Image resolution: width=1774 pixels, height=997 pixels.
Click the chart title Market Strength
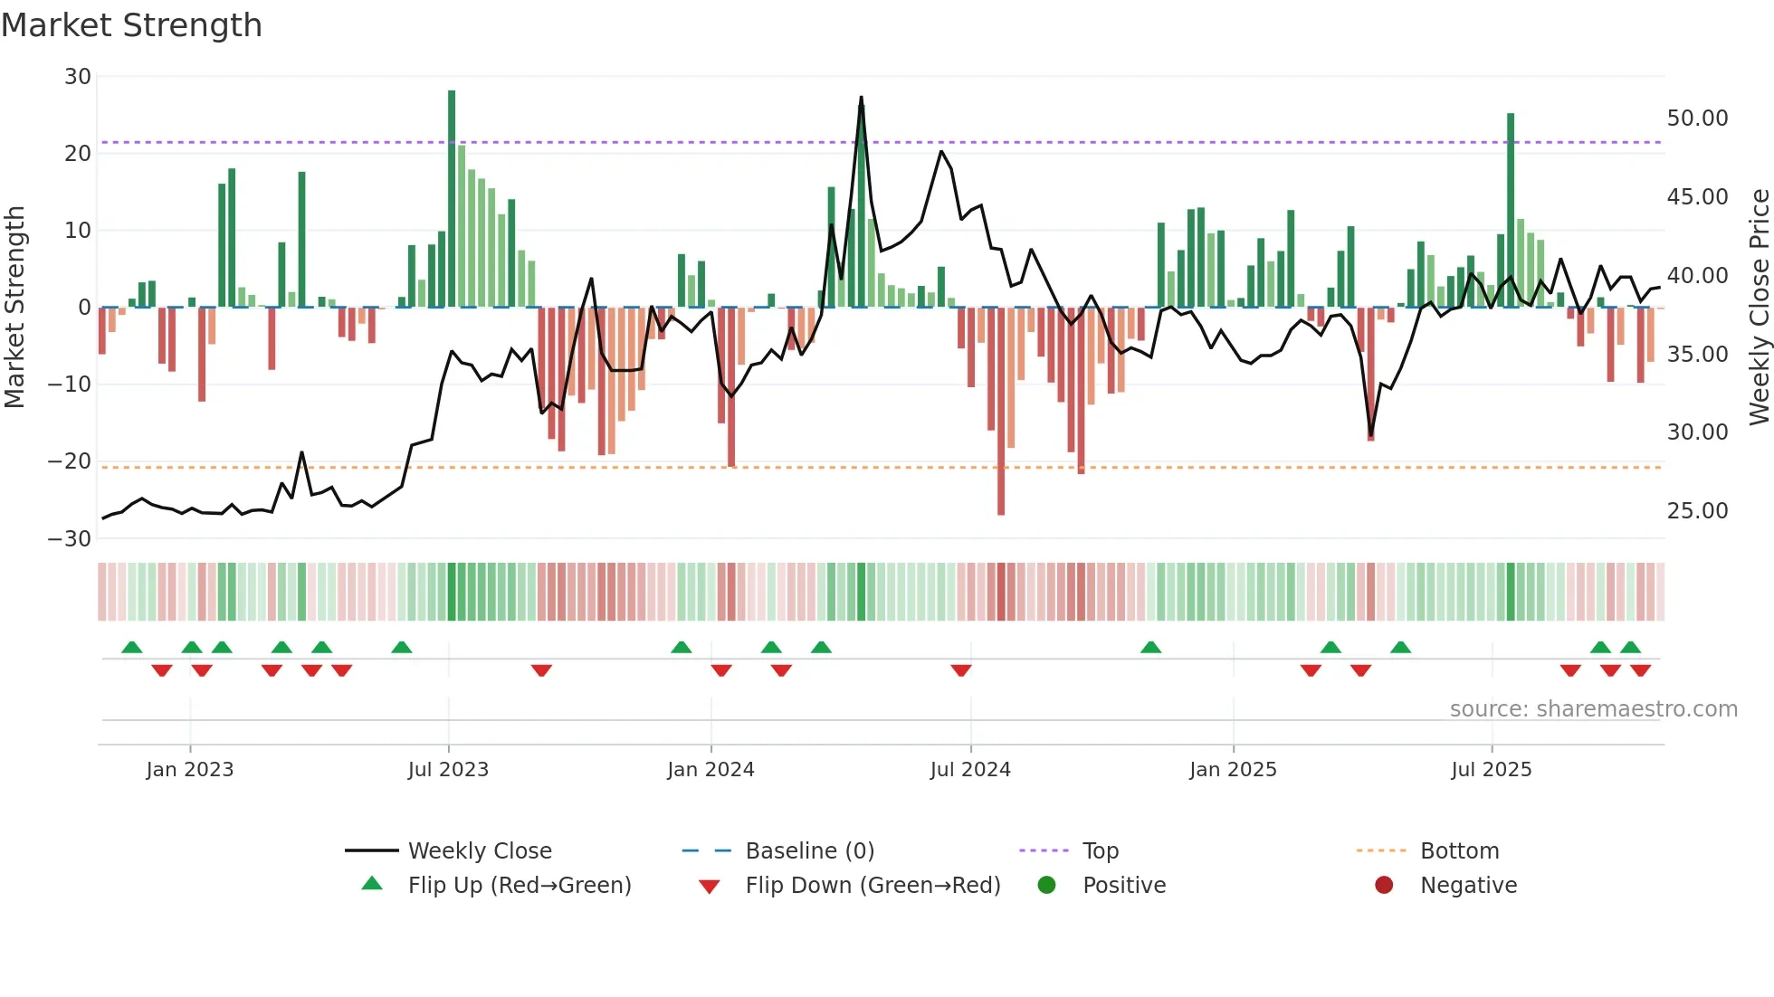[132, 25]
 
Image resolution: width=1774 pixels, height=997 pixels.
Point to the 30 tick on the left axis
[78, 77]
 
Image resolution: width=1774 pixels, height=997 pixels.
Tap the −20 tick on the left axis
[71, 461]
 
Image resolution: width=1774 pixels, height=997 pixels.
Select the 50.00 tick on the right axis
[1697, 119]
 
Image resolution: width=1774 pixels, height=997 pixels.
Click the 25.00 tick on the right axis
[1697, 511]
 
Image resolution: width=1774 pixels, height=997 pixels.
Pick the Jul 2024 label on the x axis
[970, 770]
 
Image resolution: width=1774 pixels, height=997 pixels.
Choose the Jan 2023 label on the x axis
[190, 770]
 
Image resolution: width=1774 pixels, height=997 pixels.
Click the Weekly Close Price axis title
[1759, 308]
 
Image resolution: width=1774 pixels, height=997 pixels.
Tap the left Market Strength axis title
[14, 308]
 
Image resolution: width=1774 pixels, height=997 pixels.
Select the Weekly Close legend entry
[480, 851]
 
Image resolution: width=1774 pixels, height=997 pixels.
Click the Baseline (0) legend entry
[809, 851]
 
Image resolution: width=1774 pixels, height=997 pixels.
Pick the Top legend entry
[1101, 851]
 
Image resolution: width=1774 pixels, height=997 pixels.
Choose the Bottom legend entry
[1459, 851]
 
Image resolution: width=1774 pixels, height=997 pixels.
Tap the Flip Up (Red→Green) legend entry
[519, 886]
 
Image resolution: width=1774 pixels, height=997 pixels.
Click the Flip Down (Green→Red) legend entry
[873, 886]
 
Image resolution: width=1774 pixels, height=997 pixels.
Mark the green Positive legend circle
[1047, 886]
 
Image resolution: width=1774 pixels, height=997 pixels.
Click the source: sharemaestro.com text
[1593, 709]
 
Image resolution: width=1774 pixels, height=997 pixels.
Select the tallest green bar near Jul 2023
[452, 199]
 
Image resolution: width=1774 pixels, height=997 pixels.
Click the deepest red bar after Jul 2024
[1001, 412]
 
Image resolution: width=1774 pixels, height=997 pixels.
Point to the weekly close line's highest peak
[861, 98]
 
